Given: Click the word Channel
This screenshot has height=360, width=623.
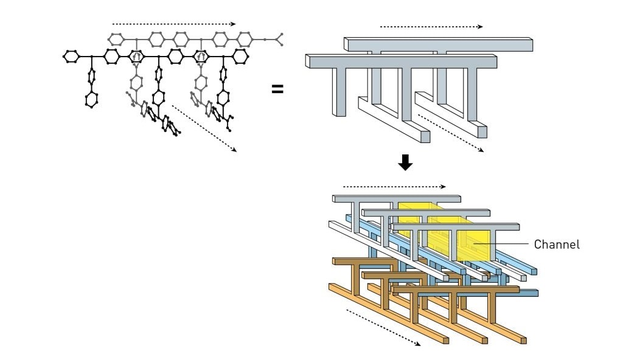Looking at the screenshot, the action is coord(557,244).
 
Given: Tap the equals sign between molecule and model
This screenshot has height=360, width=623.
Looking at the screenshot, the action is coord(277,89).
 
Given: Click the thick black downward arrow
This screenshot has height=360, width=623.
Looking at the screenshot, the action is coord(405,162).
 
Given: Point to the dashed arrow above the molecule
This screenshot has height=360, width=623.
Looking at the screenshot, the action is coord(174,24).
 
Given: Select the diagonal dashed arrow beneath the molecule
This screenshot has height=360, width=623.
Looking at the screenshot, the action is coord(204,128).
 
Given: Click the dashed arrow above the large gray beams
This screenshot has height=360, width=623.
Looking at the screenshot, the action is coord(431,27).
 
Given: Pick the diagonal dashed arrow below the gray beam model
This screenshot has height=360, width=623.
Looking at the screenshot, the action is coord(451,133).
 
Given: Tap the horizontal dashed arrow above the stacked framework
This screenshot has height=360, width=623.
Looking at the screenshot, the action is coord(394,187).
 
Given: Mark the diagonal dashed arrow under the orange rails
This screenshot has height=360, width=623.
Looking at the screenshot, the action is coord(383,328).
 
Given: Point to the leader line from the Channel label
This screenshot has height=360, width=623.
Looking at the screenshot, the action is coord(502,243).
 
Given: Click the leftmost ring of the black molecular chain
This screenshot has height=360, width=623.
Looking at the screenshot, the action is coord(71,57).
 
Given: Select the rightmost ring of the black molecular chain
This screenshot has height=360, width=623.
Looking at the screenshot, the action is coord(240,57).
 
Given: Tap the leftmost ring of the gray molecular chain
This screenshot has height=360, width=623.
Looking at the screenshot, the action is coord(116,39).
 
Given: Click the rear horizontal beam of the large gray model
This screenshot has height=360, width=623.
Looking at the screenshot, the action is coord(438,44).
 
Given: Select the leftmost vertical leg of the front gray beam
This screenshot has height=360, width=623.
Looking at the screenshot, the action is coord(339,92).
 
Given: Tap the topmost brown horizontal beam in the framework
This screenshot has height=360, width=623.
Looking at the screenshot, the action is coord(363,261).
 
